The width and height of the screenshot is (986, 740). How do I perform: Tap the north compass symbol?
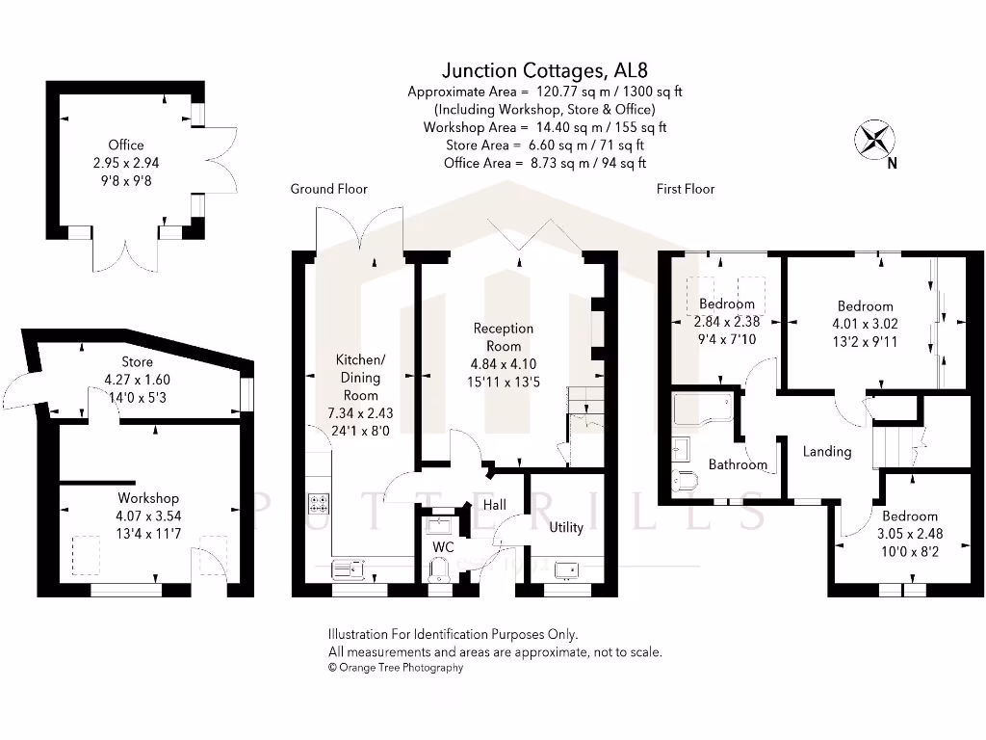pos(874,139)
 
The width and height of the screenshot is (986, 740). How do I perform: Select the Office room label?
pos(125,145)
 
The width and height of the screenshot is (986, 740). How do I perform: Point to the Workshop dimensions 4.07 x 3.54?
pos(148,515)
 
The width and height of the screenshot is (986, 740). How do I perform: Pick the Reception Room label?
pos(503,337)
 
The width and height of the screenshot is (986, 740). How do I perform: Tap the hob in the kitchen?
pos(319,503)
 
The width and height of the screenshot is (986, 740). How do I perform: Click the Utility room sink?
pos(565,568)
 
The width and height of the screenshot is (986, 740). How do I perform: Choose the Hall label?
pos(494,504)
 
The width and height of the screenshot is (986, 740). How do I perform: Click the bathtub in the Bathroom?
pos(702,410)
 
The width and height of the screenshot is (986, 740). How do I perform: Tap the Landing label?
pos(826,451)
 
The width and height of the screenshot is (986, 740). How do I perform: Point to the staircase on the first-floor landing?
pos(895,445)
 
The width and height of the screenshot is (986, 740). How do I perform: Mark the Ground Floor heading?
pos(328,189)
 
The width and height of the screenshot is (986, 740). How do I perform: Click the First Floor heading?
pos(685,189)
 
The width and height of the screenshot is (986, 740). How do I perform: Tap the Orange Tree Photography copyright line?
pos(396,667)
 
